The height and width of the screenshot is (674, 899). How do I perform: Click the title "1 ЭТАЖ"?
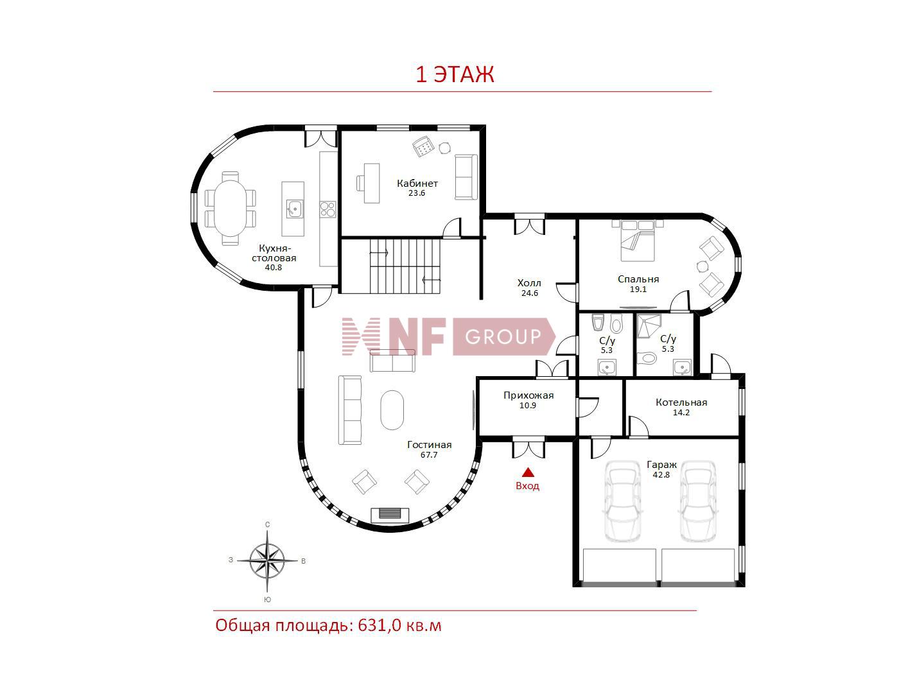click(x=455, y=74)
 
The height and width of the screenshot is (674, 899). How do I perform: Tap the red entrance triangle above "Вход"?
click(x=528, y=472)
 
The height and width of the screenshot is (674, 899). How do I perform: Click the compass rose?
click(x=267, y=560)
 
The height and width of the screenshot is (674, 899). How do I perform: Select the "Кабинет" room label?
click(x=417, y=184)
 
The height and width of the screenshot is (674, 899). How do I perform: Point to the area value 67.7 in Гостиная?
click(x=429, y=454)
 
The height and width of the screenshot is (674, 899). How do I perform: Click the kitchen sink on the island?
click(x=293, y=209)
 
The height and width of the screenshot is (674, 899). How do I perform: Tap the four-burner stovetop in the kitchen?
click(x=327, y=209)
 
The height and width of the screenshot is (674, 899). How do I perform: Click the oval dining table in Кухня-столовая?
click(x=231, y=208)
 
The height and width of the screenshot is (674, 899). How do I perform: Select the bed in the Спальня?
click(x=637, y=240)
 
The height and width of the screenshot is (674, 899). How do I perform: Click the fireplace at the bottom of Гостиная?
click(x=390, y=514)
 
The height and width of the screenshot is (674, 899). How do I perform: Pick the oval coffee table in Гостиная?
click(x=392, y=410)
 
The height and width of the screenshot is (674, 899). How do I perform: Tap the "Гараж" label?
click(x=661, y=465)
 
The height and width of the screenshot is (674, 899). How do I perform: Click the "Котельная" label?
click(x=681, y=402)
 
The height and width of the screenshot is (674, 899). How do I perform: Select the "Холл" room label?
click(x=529, y=283)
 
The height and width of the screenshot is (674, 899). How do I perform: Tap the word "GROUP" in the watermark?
click(x=503, y=337)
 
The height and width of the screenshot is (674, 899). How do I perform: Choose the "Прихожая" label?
click(x=528, y=395)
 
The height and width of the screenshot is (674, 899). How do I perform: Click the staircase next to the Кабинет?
click(x=405, y=266)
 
